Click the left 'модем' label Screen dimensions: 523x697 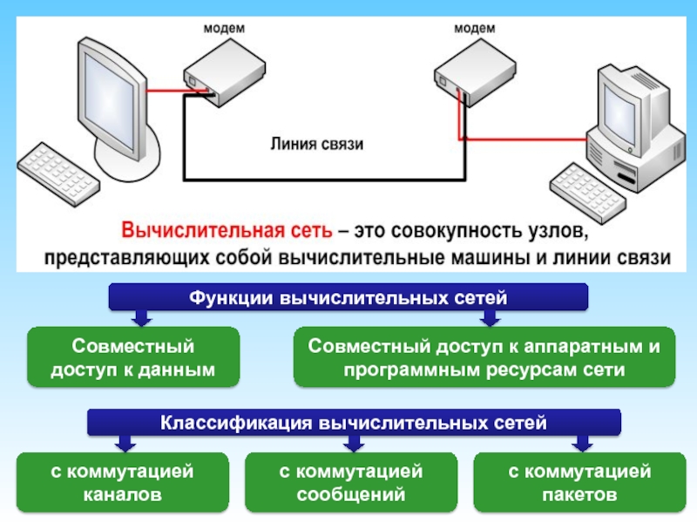[223, 28]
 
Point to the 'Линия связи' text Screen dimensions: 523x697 [315, 144]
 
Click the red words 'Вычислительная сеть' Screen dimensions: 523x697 [227, 233]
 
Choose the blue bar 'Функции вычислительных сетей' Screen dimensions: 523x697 [348, 298]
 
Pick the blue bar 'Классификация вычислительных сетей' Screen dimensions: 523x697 [353, 424]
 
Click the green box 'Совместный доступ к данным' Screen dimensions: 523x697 [133, 357]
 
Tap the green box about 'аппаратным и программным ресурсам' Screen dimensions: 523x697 [484, 357]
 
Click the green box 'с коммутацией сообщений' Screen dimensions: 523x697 [350, 483]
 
